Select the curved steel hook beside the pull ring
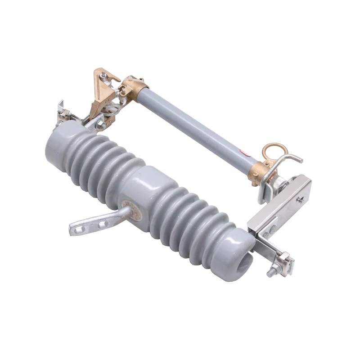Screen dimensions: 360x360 click(x=288, y=158)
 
